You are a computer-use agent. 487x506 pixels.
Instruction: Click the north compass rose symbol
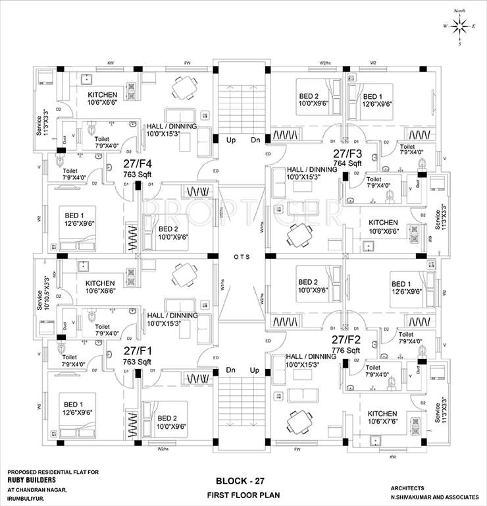(x=461, y=26)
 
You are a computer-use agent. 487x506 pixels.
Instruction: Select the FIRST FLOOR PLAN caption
(x=244, y=493)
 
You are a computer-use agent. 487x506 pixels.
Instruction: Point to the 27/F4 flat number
(x=138, y=165)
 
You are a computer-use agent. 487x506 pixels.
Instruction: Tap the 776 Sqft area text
(x=347, y=351)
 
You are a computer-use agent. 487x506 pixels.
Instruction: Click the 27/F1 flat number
(x=138, y=351)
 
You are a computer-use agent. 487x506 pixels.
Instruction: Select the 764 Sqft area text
(x=347, y=163)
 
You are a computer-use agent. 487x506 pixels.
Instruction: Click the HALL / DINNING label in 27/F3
(x=312, y=173)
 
